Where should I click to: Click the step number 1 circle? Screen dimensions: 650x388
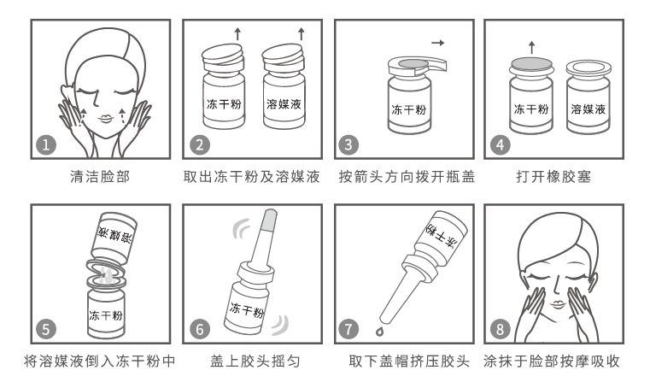46,144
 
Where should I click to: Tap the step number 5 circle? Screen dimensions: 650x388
46,329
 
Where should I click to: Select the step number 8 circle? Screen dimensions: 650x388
500,329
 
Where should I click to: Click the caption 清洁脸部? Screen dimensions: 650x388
100,177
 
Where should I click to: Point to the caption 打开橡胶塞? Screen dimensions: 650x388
553,177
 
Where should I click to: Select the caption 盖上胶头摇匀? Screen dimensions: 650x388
255,361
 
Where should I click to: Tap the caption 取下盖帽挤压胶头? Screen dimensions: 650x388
409,361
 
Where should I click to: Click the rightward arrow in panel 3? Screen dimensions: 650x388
438,43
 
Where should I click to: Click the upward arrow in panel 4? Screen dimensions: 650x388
532,47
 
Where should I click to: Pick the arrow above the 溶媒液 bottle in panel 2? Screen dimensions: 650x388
302,33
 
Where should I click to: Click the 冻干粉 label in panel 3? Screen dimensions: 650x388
409,109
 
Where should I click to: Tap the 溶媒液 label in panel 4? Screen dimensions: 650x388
589,109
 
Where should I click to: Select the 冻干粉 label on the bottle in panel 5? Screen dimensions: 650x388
106,315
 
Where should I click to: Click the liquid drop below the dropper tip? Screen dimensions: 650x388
380,331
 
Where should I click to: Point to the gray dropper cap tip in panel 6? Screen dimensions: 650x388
269,220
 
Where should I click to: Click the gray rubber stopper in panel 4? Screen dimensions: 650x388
531,63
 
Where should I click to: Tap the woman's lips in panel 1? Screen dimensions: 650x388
106,119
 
